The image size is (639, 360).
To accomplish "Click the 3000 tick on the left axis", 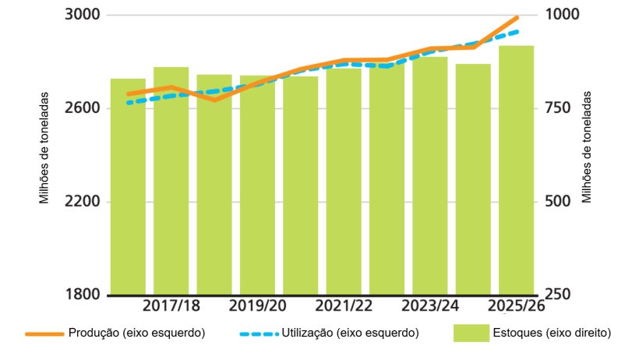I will (82, 15).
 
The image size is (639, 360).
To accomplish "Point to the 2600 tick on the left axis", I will (82, 108).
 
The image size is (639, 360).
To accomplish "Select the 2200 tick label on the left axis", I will (82, 201).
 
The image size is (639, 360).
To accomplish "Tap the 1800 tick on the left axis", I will (82, 295).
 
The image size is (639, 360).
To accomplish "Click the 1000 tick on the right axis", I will (560, 15).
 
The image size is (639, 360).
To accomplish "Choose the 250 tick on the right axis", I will (556, 295).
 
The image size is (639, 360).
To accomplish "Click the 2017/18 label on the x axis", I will (171, 305).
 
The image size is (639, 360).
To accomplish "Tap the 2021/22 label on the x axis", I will (344, 305).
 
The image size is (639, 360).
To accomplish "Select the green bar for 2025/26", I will (516, 171).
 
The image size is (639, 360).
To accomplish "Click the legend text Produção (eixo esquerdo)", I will (136, 333).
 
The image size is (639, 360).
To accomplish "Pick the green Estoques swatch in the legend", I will (470, 333).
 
